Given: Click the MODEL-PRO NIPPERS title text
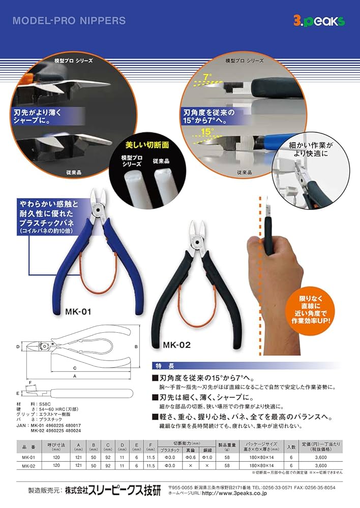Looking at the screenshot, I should (x=69, y=21).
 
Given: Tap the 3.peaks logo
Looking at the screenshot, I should (x=319, y=21).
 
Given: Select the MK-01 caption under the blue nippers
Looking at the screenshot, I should (x=78, y=311).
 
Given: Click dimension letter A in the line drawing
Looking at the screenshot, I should (x=75, y=376).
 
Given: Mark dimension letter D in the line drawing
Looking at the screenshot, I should (x=17, y=346).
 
